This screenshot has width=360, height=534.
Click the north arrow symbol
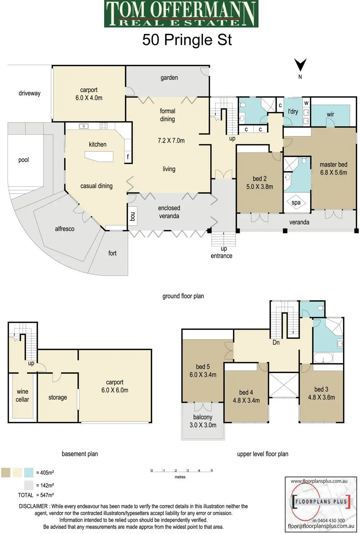[300, 65]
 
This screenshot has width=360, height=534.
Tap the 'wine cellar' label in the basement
[22, 395]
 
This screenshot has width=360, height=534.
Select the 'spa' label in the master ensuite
[296, 203]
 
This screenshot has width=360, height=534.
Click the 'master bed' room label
[333, 165]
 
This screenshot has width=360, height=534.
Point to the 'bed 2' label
[260, 179]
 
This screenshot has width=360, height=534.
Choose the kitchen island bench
[99, 156]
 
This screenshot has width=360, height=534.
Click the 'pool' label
[23, 160]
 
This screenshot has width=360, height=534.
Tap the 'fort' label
[112, 253]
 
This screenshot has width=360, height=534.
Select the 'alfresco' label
[65, 229]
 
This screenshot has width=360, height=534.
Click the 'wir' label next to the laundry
[330, 114]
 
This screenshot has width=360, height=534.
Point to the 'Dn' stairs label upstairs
[276, 343]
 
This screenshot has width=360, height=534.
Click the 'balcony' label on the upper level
[203, 417]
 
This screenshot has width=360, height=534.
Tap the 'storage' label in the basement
[58, 398]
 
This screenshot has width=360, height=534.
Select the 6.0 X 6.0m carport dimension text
[115, 390]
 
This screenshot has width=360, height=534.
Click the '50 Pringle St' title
[187, 40]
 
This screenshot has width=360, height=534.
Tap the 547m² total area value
[45, 495]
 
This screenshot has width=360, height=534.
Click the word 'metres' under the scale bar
[180, 477]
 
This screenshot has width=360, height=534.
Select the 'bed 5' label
[203, 367]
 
